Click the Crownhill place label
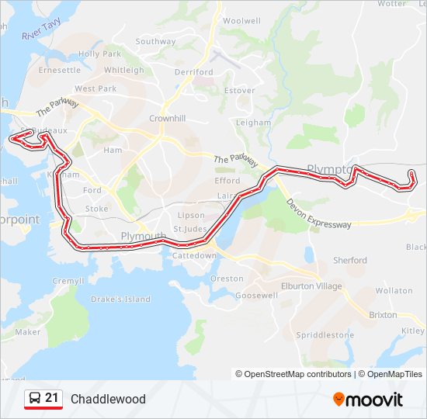coord(167,118)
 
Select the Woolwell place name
coord(241,20)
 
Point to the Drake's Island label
coord(120,300)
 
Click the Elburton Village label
coord(311,286)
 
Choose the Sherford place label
coord(349,260)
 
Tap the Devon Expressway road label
coord(318,213)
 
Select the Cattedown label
coord(194,255)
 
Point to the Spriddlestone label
coord(325,335)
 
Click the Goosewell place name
coord(256,296)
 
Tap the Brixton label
coord(383,315)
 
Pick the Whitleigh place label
coord(123,70)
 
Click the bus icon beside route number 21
coord(34,399)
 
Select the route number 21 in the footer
coord(52,398)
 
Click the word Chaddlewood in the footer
coord(108,400)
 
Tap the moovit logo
coord(368,400)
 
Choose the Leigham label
coord(253,123)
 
